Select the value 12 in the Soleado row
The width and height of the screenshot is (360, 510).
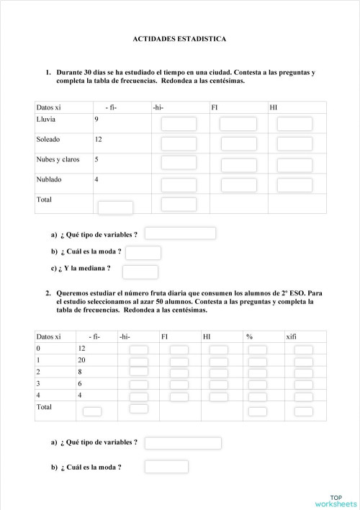[98, 139]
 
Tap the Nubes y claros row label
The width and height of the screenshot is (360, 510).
[58, 159]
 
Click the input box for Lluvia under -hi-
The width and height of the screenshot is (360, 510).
[179, 124]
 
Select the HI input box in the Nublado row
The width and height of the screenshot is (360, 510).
[294, 185]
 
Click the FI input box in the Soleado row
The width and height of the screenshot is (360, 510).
[238, 144]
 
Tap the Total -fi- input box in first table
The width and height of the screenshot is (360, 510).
[115, 208]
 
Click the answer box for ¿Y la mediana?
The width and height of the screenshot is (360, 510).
[140, 272]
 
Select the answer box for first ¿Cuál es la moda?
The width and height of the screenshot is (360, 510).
[143, 252]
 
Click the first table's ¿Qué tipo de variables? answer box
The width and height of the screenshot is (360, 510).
[180, 233]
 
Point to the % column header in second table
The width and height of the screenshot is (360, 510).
[249, 336]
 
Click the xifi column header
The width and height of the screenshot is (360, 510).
[292, 336]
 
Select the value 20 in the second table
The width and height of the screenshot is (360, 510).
[81, 360]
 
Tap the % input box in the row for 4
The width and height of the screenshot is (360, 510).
[257, 397]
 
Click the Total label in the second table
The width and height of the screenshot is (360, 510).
[44, 408]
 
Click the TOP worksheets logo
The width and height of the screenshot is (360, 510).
[335, 500]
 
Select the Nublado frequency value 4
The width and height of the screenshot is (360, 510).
[96, 179]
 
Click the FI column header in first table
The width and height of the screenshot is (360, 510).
[215, 108]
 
